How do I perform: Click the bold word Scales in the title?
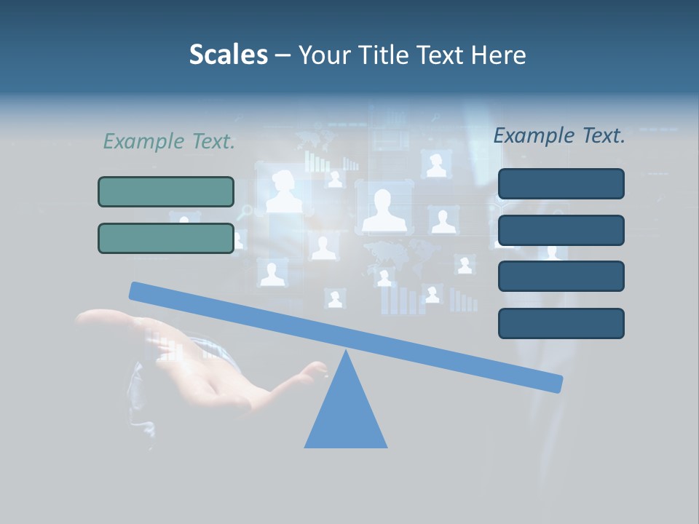pos(228,55)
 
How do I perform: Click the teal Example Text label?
pos(169,142)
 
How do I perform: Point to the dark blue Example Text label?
pos(559,135)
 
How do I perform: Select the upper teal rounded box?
pos(166,191)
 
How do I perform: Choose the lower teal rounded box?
pos(166,238)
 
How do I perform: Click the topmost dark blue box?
pos(561,183)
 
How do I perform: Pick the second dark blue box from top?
pos(561,230)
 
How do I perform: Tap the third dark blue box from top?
pos(561,276)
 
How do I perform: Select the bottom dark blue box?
pos(561,323)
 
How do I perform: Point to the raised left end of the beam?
pos(138,291)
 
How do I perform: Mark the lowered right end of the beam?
pos(553,383)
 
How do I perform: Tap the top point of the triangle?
pos(346,352)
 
